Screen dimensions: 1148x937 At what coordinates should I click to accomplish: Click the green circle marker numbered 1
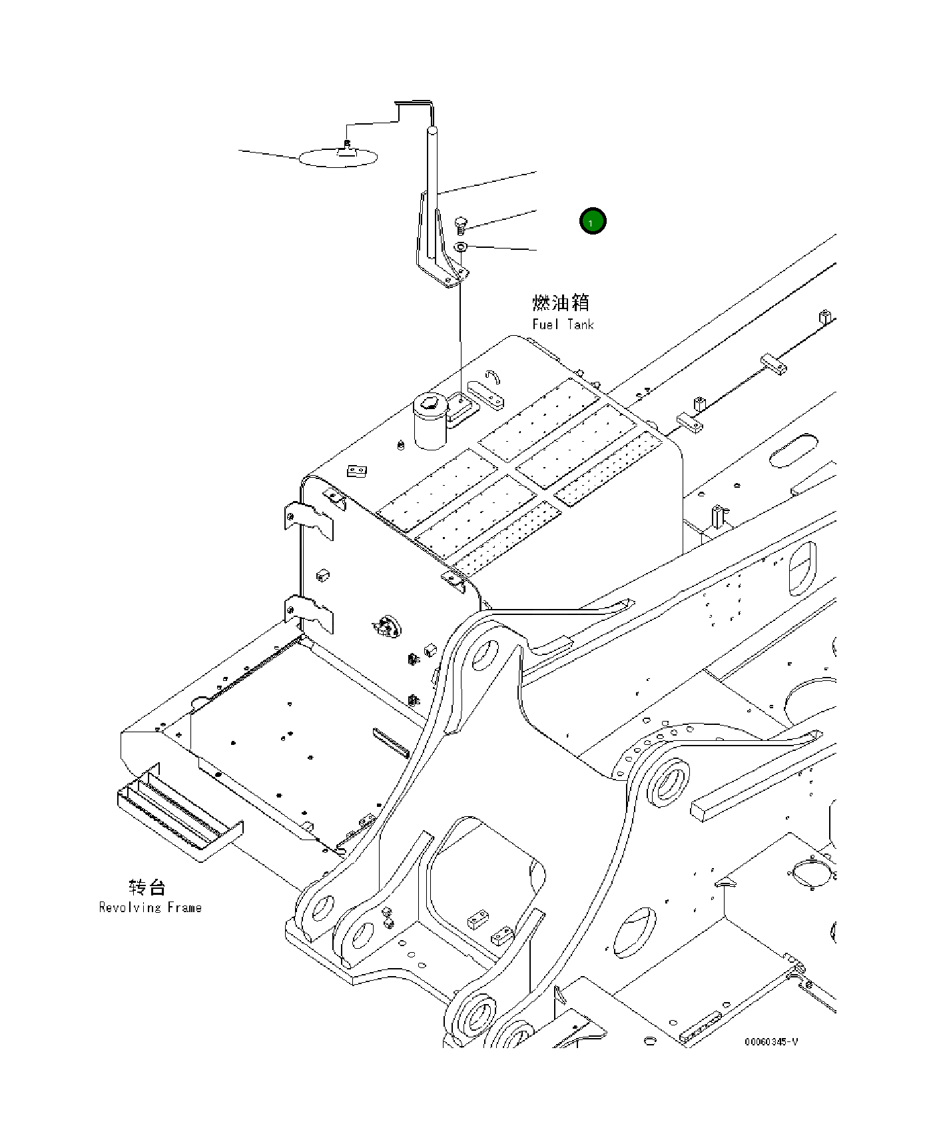click(x=592, y=221)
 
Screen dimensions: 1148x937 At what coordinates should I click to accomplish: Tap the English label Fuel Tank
click(x=562, y=324)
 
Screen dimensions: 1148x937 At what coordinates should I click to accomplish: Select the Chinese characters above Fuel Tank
click(x=561, y=302)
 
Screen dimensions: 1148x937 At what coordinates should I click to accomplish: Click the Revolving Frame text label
click(x=150, y=907)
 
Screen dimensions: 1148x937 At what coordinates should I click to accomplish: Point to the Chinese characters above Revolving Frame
click(x=147, y=887)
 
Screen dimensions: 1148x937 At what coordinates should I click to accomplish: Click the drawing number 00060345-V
click(x=771, y=1060)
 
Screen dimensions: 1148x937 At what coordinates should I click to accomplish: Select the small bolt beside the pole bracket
click(x=460, y=224)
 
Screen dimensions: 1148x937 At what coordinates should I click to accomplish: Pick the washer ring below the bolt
click(x=460, y=247)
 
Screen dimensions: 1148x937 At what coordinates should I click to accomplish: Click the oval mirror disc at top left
click(x=338, y=158)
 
